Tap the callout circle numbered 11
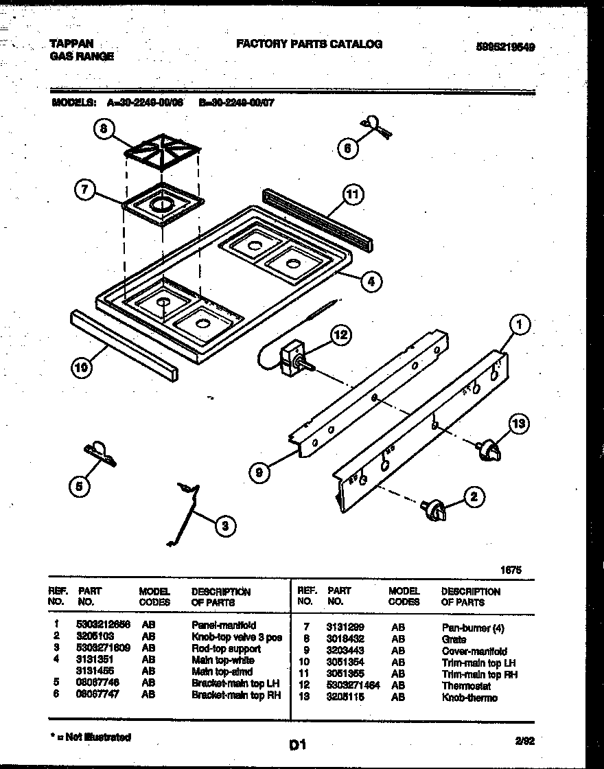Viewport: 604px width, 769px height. tap(351, 195)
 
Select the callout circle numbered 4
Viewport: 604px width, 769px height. tap(370, 280)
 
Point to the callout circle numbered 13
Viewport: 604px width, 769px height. tap(519, 424)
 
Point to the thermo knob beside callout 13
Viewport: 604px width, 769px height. tap(489, 450)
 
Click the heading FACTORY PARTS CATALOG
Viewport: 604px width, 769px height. tap(309, 44)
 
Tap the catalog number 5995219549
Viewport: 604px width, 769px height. tap(505, 47)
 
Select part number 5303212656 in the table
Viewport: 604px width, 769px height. tap(103, 625)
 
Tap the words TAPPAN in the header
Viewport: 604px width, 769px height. tap(71, 43)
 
